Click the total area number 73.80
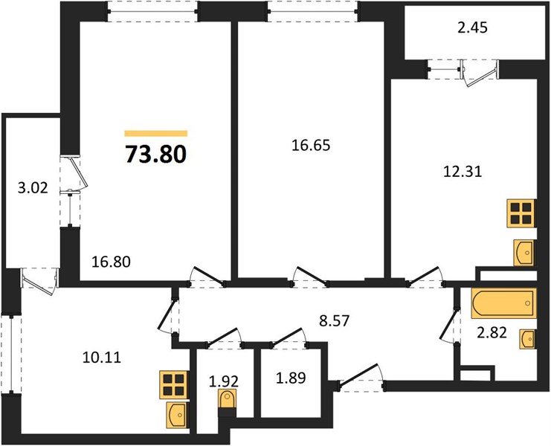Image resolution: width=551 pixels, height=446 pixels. pos(155,154)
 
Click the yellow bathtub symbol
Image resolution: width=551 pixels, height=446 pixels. pos(503,303)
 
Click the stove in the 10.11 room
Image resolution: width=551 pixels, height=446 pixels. pos(175,384)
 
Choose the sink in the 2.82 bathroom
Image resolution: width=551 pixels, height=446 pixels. pos(527,337)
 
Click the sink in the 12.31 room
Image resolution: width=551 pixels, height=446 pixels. pos(523,251)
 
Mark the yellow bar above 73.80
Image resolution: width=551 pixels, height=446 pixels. pos(155,134)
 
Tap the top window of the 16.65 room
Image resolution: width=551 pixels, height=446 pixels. pos(313,9)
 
